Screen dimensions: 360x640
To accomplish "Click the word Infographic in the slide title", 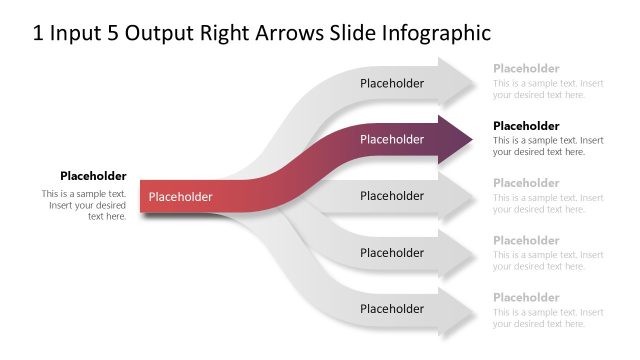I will pyautogui.click(x=437, y=34).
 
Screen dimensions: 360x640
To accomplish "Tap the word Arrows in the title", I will pyautogui.click(x=288, y=34).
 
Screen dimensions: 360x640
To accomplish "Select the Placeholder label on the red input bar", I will pyautogui.click(x=181, y=197).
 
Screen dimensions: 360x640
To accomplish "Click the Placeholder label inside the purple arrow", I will pyautogui.click(x=392, y=140).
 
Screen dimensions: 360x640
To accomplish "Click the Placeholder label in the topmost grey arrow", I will pyautogui.click(x=392, y=84).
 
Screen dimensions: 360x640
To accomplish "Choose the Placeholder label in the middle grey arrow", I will pyautogui.click(x=392, y=196).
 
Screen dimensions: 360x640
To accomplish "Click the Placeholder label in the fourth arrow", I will pyautogui.click(x=392, y=253).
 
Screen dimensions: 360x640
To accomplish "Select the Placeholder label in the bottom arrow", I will pyautogui.click(x=392, y=309).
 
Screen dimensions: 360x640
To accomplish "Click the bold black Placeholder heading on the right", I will pyautogui.click(x=526, y=126).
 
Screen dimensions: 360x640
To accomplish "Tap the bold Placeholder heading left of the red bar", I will pyautogui.click(x=93, y=176).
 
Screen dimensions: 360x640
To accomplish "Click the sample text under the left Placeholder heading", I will pyautogui.click(x=85, y=204).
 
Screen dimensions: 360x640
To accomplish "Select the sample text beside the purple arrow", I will pyautogui.click(x=548, y=146).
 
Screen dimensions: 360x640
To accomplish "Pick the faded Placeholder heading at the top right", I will pyautogui.click(x=526, y=69).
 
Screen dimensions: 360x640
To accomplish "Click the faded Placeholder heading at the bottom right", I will pyautogui.click(x=526, y=298).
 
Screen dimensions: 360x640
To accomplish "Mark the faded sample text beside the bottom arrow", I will pyautogui.click(x=548, y=318).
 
